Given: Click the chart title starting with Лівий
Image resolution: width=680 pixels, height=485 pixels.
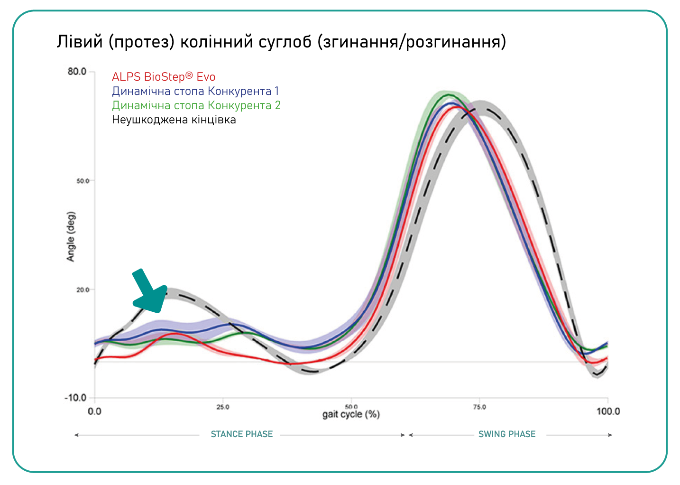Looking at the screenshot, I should pyautogui.click(x=281, y=42).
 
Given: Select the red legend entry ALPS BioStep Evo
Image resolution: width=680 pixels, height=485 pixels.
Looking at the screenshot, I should pyautogui.click(x=164, y=77).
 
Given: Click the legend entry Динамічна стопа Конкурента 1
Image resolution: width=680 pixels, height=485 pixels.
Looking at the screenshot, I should pyautogui.click(x=195, y=91).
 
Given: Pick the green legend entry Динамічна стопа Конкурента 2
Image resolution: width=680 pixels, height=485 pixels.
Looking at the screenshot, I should pyautogui.click(x=196, y=105).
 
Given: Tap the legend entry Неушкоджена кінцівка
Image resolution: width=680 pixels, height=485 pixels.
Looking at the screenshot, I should pyautogui.click(x=174, y=120).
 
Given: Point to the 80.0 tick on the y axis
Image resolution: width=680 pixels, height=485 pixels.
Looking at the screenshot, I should pyautogui.click(x=77, y=72).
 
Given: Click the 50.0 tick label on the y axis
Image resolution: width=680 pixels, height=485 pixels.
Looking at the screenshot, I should pyautogui.click(x=83, y=181).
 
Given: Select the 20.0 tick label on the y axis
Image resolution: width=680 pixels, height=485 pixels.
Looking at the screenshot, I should pyautogui.click(x=83, y=289).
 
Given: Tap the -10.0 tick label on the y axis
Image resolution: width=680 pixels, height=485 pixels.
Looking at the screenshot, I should pyautogui.click(x=76, y=398).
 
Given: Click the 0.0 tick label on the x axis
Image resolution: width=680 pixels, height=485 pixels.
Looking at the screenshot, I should pyautogui.click(x=95, y=411).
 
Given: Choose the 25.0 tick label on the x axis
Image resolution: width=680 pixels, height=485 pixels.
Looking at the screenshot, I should pyautogui.click(x=222, y=407).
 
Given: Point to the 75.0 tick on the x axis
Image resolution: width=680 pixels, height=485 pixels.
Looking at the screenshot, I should pyautogui.click(x=479, y=407).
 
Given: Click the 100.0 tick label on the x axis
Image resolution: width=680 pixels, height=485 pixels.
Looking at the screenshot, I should pyautogui.click(x=608, y=411).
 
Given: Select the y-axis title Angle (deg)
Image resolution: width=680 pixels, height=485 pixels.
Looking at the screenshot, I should pyautogui.click(x=71, y=236).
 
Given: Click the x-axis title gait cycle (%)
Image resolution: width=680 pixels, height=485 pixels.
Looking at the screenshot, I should pyautogui.click(x=351, y=415).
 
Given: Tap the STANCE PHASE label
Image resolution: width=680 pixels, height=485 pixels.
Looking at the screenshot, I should pyautogui.click(x=241, y=434).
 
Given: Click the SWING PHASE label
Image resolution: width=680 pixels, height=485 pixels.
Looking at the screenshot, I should pyautogui.click(x=507, y=434).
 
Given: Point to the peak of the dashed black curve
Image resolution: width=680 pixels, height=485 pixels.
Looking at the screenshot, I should pyautogui.click(x=482, y=107).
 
